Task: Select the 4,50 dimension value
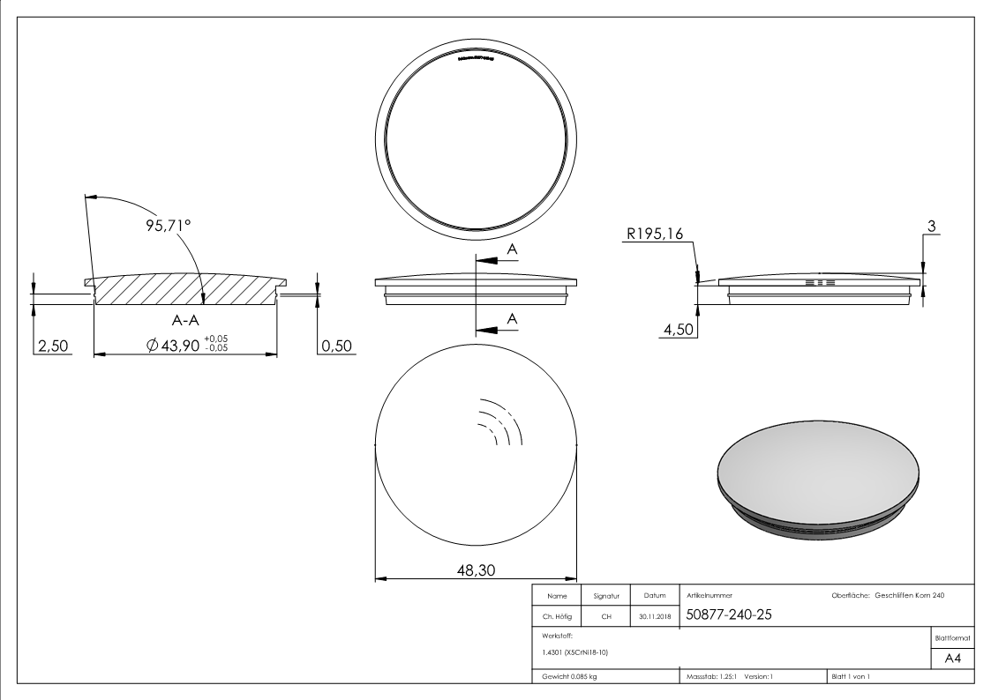pyautogui.click(x=677, y=331)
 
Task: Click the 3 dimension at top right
pyautogui.click(x=930, y=227)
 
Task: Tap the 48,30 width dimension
pyautogui.click(x=475, y=570)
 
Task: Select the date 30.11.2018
pyautogui.click(x=654, y=616)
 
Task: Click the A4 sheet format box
pyautogui.click(x=952, y=659)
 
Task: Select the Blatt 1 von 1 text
pyautogui.click(x=850, y=676)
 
